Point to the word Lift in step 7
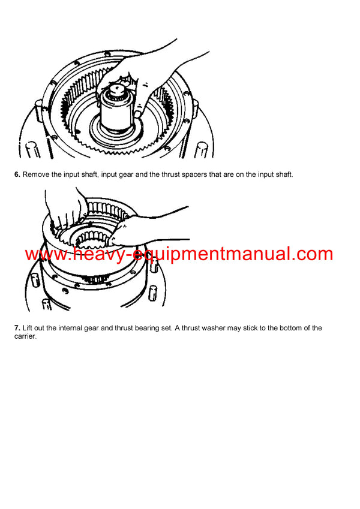28,328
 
